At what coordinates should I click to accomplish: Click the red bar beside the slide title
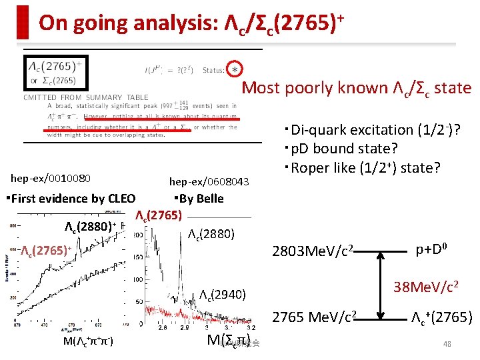pyautogui.click(x=23, y=22)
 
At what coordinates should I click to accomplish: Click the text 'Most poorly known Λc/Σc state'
pyautogui.click(x=356, y=87)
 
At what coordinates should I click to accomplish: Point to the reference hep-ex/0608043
pyautogui.click(x=209, y=181)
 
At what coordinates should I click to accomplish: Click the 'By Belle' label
pyautogui.click(x=198, y=198)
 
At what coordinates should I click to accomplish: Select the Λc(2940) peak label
pyautogui.click(x=223, y=294)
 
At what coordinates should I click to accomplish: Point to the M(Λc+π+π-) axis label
pyautogui.click(x=87, y=342)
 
